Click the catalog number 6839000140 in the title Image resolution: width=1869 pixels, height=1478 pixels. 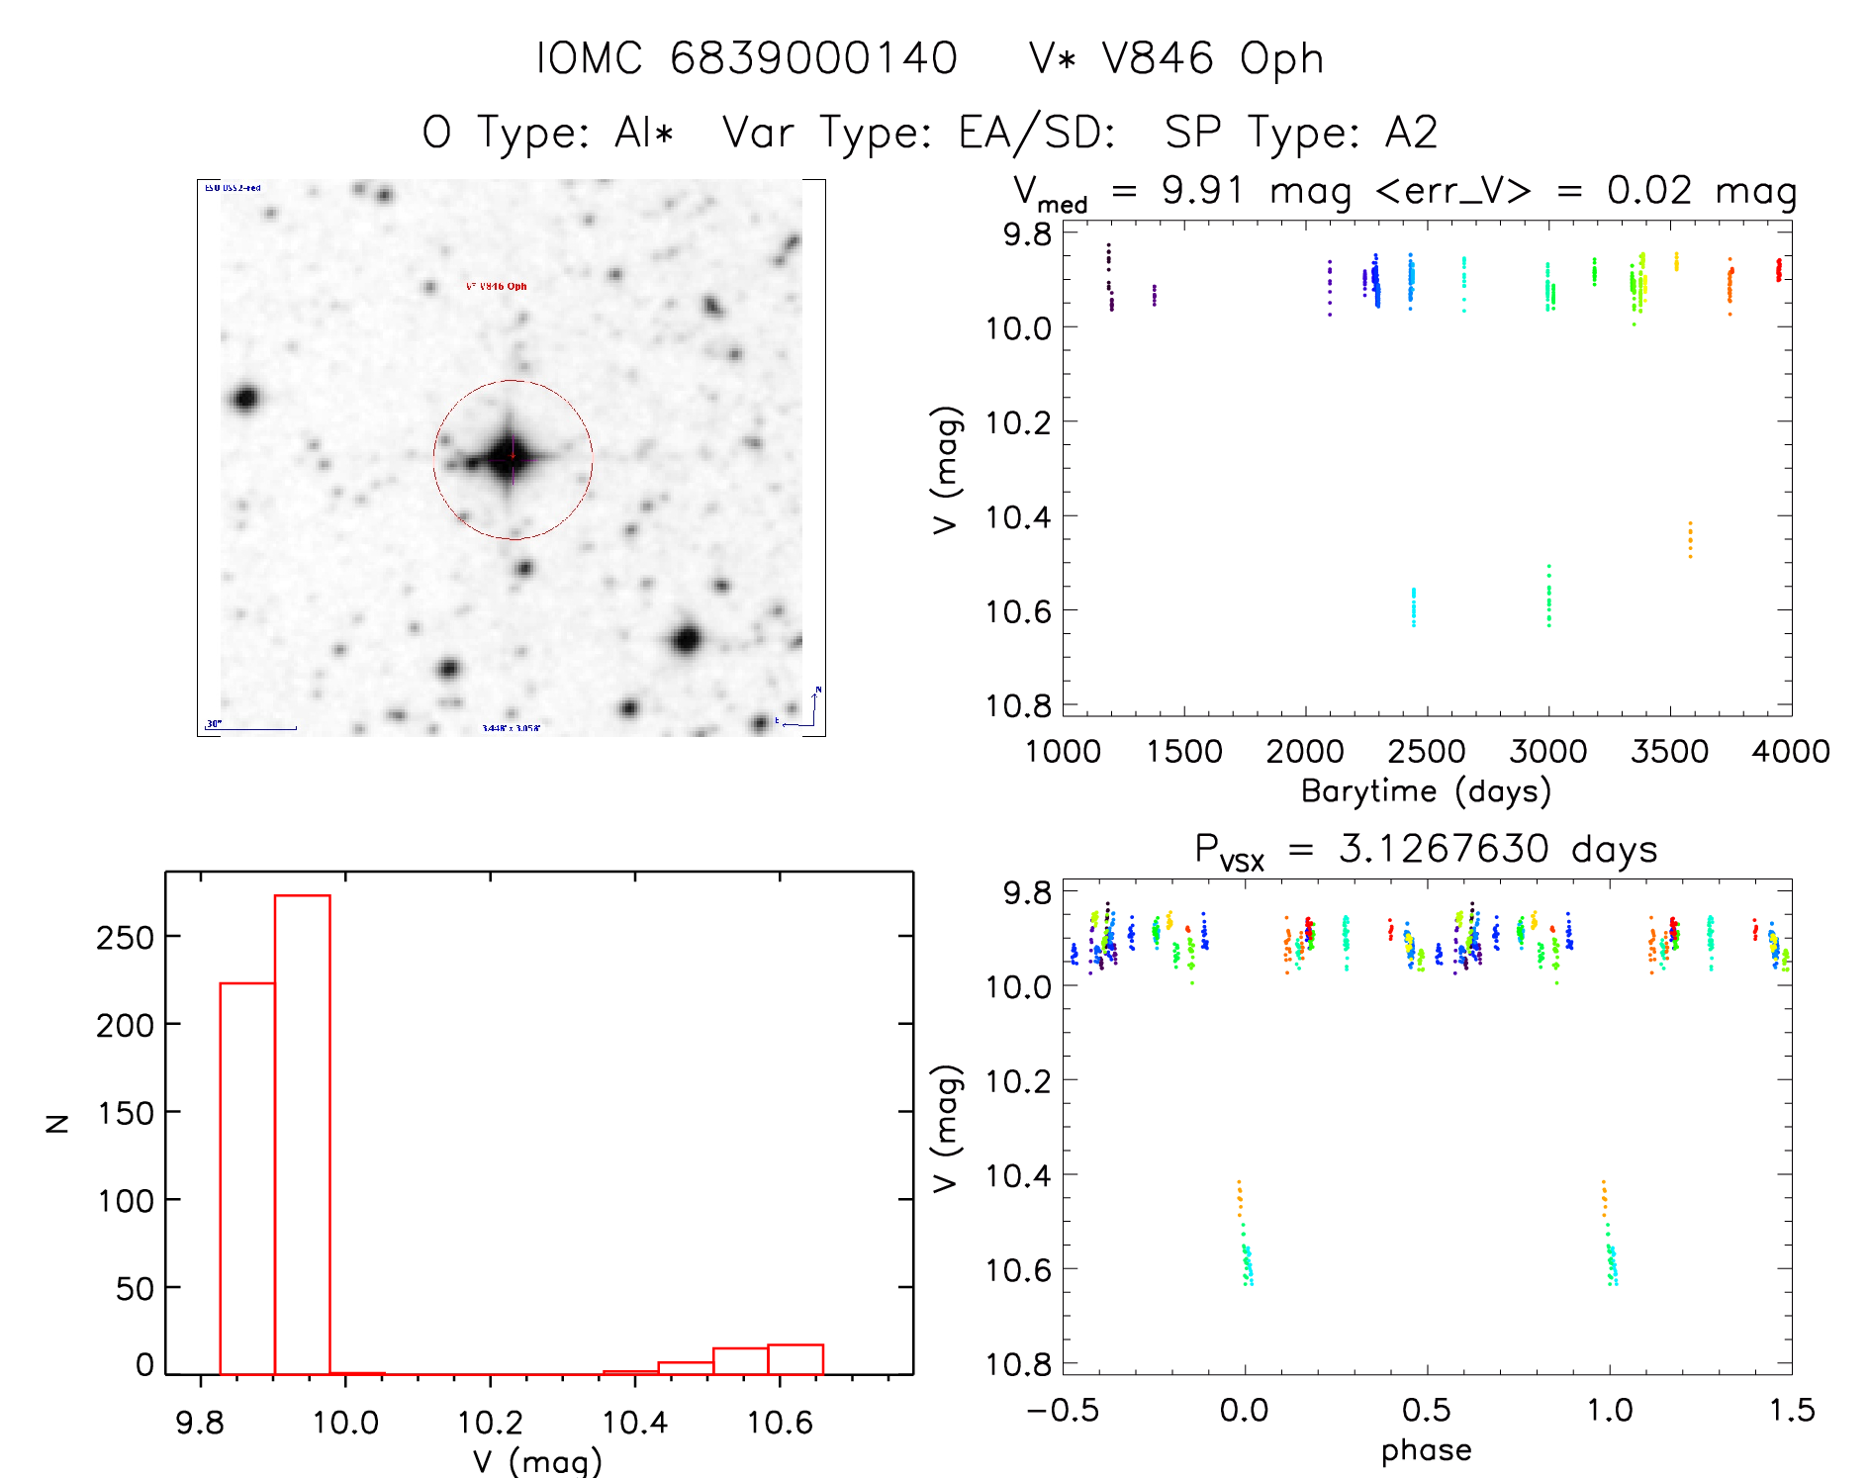[813, 58]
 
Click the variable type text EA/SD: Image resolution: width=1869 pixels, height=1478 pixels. [1037, 133]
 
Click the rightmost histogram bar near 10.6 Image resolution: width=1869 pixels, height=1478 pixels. [794, 1359]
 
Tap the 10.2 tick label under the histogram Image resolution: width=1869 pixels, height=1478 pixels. [490, 1423]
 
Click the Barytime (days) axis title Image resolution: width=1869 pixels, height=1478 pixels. [1426, 791]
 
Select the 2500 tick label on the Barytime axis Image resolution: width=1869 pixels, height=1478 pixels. [1426, 752]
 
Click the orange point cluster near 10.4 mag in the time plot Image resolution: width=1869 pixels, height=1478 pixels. [1690, 540]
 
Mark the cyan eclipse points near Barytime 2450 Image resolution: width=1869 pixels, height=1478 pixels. [1414, 606]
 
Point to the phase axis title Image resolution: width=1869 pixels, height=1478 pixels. [1426, 1450]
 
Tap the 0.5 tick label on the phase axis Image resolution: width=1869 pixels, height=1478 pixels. [1426, 1410]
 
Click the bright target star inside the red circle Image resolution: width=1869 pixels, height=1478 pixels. [512, 457]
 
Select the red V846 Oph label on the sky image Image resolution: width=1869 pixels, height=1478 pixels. [497, 286]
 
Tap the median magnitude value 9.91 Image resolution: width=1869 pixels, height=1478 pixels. [1201, 191]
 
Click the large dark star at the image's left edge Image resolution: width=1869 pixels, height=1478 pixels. [245, 399]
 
